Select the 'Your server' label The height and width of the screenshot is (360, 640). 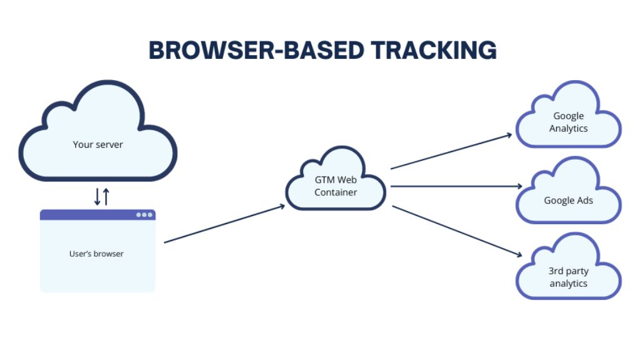98,145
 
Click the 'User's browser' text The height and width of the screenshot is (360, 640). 96,254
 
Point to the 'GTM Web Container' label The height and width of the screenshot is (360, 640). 336,186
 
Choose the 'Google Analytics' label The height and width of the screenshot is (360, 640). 569,122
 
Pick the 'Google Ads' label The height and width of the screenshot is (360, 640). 569,200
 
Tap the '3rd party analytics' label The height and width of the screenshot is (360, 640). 569,277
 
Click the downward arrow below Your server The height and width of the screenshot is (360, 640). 97,197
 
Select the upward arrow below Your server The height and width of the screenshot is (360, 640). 106,197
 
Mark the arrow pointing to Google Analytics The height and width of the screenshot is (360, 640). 451,151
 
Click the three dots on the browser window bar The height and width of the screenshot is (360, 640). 145,215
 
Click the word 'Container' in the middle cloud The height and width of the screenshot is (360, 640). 336,192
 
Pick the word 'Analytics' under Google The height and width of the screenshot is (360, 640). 569,128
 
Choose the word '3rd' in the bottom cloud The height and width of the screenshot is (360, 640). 556,271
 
